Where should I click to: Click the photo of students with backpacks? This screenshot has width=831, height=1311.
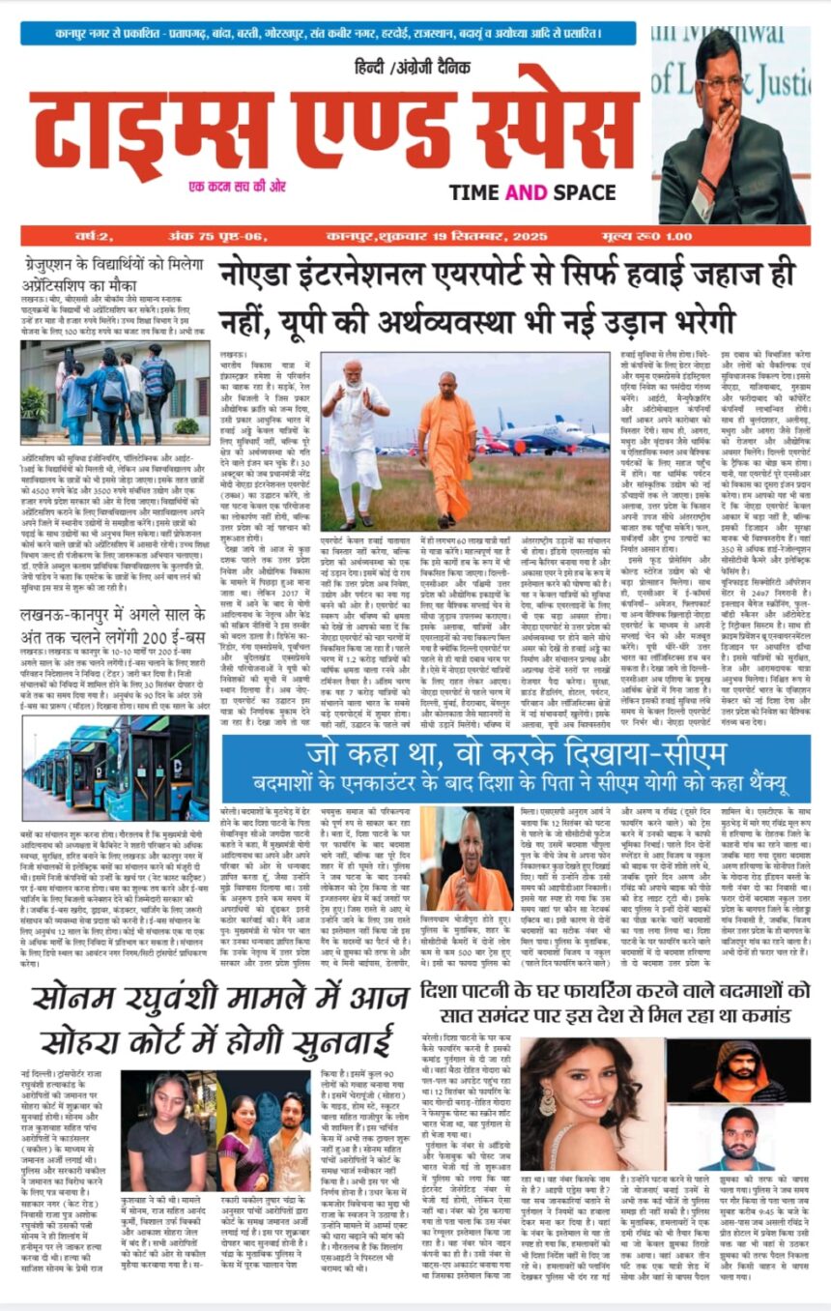[115, 392]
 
